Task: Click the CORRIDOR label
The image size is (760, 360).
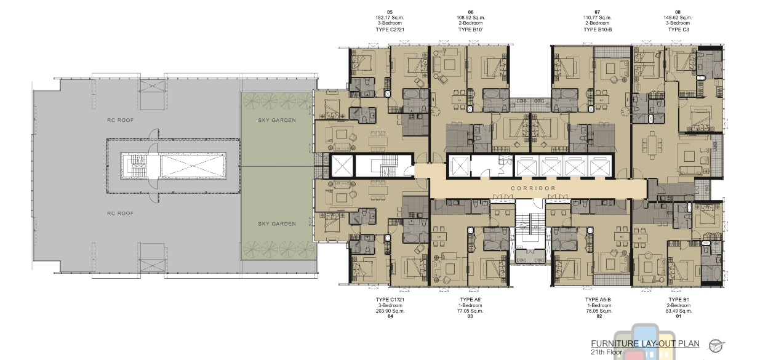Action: pos(534,188)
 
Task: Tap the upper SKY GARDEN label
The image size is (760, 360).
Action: pos(277,120)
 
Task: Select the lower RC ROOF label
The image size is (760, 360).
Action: pos(121,214)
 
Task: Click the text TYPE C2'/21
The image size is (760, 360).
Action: pos(390,30)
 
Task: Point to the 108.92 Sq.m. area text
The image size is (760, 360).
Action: pos(471,18)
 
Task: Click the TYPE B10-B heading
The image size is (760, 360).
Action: pos(598,30)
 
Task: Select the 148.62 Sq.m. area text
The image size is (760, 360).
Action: pos(678,18)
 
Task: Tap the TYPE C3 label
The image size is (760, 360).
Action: pos(679,30)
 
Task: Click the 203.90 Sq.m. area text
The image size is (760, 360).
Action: pos(390,311)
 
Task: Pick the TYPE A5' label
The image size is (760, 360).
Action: pos(471,300)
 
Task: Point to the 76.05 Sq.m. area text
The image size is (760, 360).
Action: pos(599,311)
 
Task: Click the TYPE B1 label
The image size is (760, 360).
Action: pos(679,300)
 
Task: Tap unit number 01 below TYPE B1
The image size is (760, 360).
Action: pos(679,316)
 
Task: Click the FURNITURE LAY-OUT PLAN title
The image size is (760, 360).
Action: pos(645,344)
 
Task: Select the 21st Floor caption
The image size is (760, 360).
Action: pos(607,352)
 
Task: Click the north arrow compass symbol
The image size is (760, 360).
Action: pos(716,346)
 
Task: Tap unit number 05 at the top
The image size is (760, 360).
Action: pos(390,12)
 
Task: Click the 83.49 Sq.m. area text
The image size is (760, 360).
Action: pos(679,311)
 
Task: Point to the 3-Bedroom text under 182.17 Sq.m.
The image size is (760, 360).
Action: pos(390,23)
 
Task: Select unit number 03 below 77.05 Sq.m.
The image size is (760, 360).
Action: pos(470,316)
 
